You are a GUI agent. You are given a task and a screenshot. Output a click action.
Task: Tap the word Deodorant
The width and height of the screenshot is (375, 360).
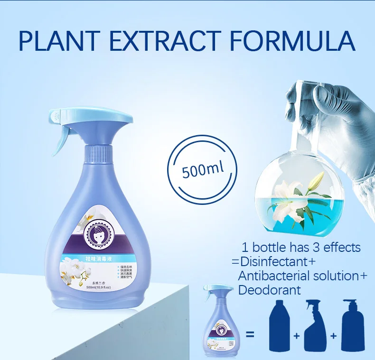coord(270,290)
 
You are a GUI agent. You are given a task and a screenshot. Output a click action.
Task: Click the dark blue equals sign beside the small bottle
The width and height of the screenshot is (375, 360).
coord(250,335)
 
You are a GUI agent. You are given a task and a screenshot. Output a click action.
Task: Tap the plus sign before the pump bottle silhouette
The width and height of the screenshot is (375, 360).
coord(334,335)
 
